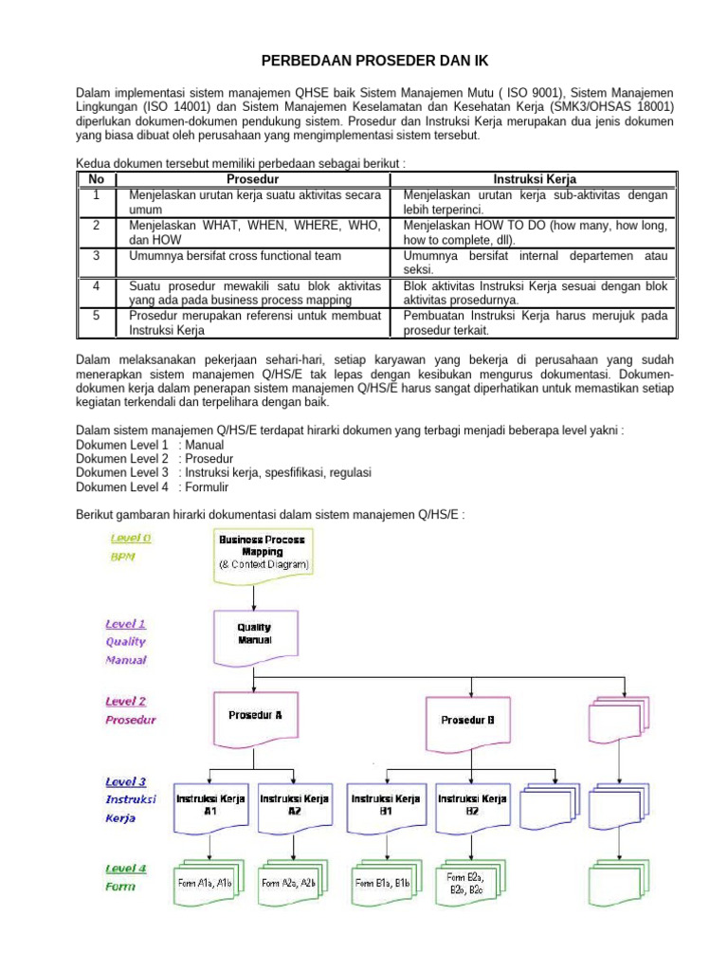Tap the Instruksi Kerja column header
pyautogui.click(x=535, y=179)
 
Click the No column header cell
pyautogui.click(x=95, y=179)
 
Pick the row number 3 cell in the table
pyautogui.click(x=95, y=256)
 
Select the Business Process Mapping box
pyautogui.click(x=263, y=553)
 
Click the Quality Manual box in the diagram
pyautogui.click(x=253, y=634)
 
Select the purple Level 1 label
pyautogui.click(x=125, y=624)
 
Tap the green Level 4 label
pyautogui.click(x=125, y=869)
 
